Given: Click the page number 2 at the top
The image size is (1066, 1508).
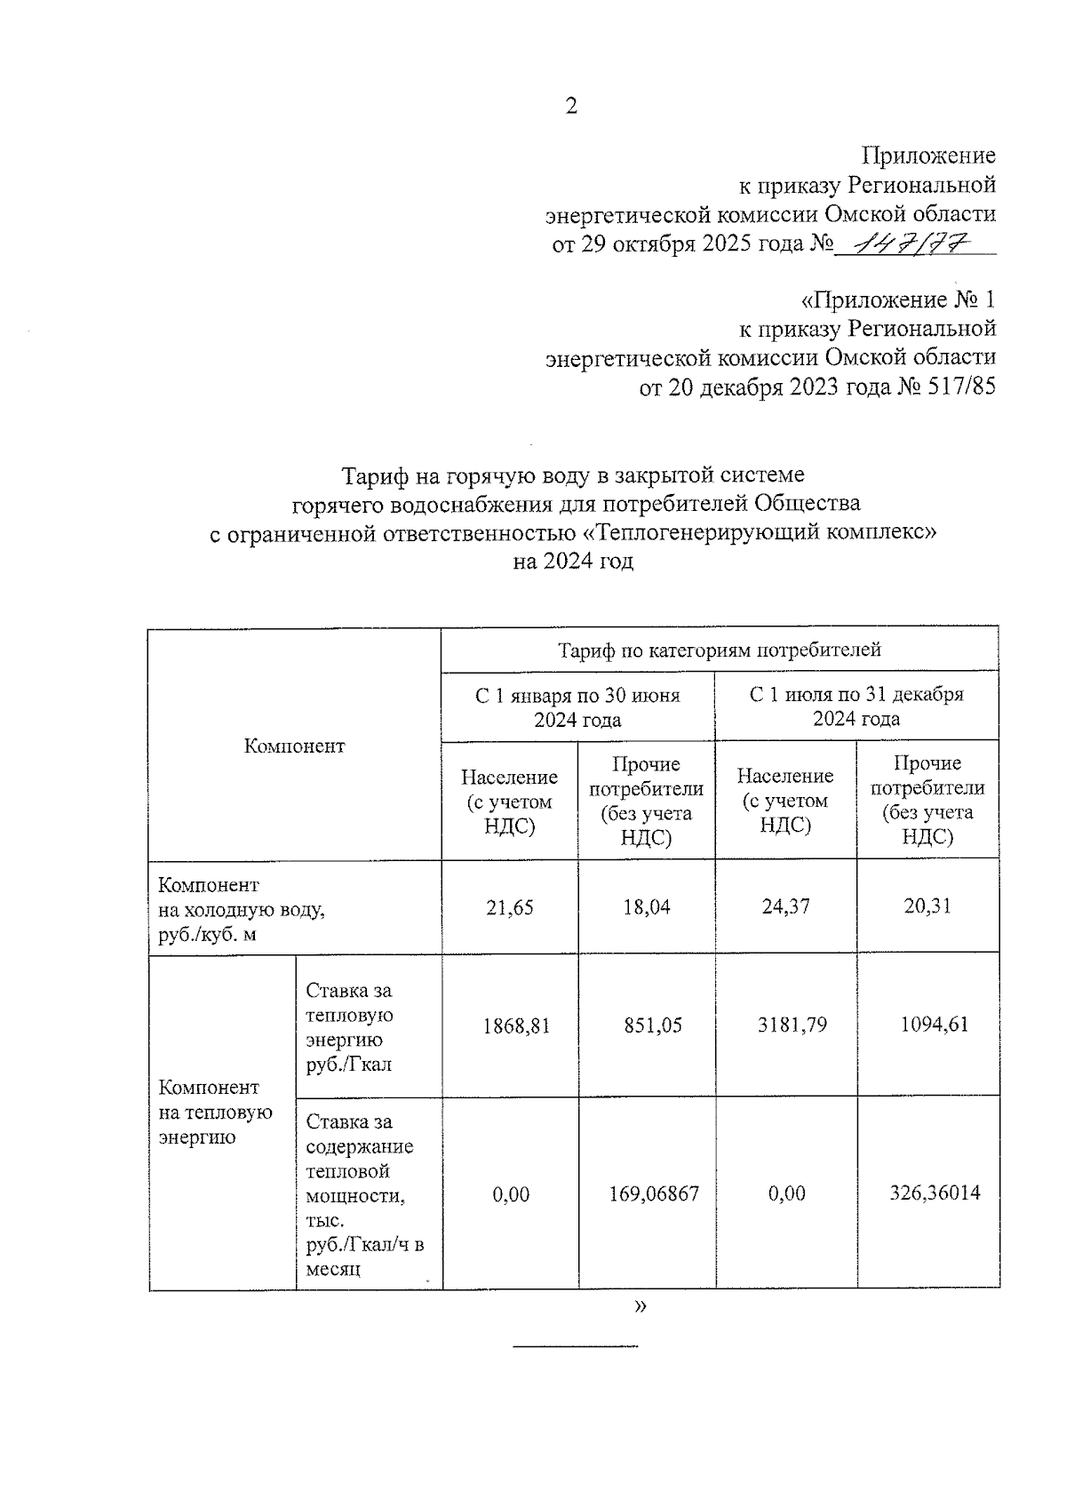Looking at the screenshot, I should [x=571, y=107].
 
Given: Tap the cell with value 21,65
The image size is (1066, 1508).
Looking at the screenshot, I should [x=510, y=907].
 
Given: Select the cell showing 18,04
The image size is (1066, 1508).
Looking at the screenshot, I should [x=647, y=907].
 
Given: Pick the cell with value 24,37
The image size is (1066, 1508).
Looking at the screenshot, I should [x=785, y=906].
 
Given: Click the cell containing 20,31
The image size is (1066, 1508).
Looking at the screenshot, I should [x=927, y=906].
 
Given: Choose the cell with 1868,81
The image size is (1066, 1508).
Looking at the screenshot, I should [x=516, y=1025].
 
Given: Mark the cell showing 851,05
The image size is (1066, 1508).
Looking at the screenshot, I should [x=653, y=1025].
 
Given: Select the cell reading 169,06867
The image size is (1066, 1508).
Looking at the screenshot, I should [x=654, y=1193].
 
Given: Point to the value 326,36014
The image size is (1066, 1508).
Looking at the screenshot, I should [x=935, y=1193].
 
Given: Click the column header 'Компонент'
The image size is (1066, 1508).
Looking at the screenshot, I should [x=294, y=746].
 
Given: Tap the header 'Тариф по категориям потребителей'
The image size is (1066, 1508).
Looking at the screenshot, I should [x=720, y=650].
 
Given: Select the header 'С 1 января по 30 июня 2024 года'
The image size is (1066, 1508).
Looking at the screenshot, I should [x=577, y=707].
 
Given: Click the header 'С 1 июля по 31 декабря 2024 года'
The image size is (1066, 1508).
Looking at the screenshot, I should [x=856, y=706].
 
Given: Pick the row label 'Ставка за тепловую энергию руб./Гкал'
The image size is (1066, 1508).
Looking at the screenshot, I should [x=349, y=1027].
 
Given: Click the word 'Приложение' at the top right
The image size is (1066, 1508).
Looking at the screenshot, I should [x=929, y=156].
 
